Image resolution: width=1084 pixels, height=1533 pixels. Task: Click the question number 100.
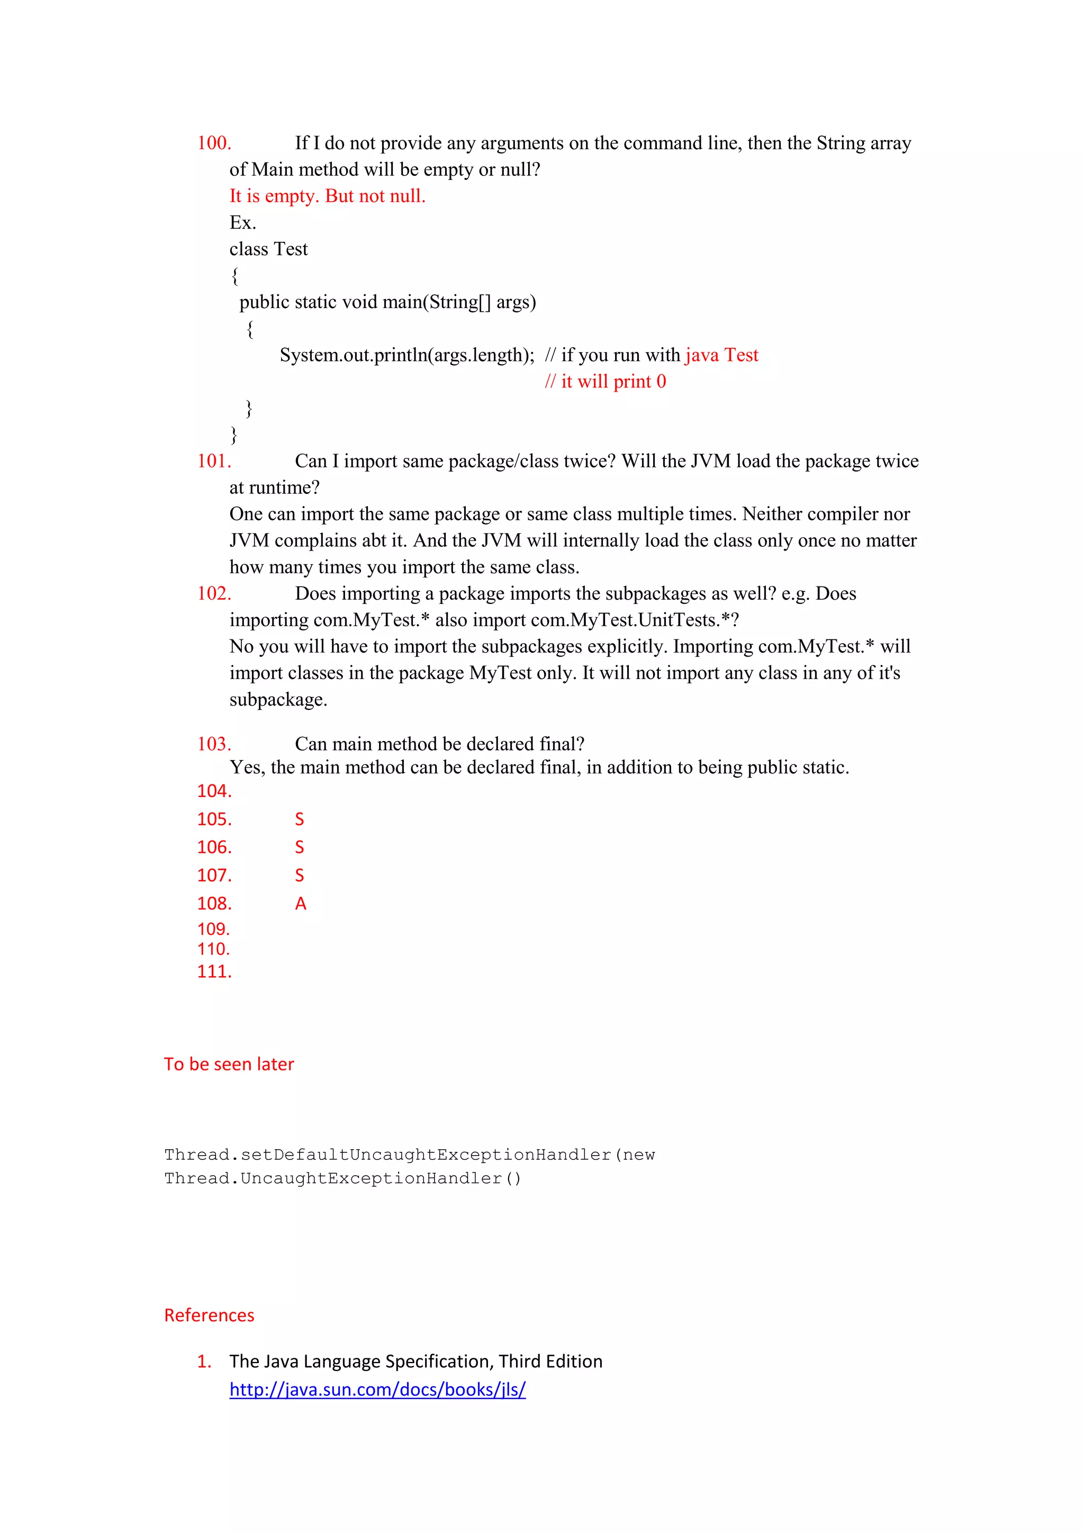214,143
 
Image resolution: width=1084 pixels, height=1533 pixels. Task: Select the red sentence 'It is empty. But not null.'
327,196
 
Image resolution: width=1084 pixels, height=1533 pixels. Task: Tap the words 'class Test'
268,249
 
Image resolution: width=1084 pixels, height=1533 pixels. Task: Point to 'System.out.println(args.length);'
406,355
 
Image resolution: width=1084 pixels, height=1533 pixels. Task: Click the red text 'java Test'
721,355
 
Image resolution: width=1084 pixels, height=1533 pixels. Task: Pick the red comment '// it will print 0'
605,381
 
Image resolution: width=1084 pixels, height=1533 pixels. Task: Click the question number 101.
214,461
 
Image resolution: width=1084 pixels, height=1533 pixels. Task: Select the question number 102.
214,593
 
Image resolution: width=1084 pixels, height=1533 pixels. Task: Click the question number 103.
214,744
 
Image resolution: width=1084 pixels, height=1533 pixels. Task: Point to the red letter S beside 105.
300,819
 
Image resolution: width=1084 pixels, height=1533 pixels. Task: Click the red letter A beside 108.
300,904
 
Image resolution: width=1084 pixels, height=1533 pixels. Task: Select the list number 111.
214,971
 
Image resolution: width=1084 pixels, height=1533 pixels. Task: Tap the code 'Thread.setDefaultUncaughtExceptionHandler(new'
409,1155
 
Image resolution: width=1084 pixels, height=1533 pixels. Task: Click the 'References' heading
209,1315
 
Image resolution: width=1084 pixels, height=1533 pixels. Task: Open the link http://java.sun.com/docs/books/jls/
377,1390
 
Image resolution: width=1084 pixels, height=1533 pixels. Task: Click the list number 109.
214,929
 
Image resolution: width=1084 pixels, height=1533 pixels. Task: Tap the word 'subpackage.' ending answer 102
278,700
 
